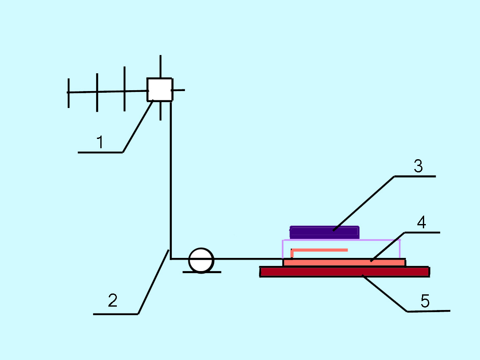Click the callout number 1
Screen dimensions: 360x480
tap(100, 143)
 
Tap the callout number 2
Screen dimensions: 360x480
tap(112, 301)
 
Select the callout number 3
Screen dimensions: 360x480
tap(418, 166)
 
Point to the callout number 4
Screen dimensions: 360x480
tap(421, 223)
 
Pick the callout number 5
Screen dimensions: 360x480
tap(425, 302)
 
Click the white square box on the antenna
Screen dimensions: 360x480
tap(160, 89)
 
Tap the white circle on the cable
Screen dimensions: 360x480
tap(201, 260)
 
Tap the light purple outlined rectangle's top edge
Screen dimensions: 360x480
tap(381, 240)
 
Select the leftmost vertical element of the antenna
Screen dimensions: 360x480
tap(68, 93)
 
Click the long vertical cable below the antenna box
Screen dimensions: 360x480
tap(171, 178)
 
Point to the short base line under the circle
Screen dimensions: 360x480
tap(216, 272)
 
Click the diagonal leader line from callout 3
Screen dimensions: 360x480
tap(364, 203)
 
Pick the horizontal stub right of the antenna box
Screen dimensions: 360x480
tap(179, 90)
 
